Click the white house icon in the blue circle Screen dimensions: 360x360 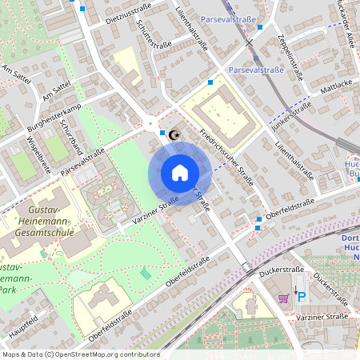[x=179, y=173]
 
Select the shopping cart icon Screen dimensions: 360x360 [x=282, y=298]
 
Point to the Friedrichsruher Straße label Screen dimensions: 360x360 [x=227, y=157]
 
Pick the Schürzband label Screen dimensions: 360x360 [x=74, y=138]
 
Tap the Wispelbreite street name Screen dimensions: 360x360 [x=39, y=155]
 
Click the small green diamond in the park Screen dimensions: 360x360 [x=145, y=274]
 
